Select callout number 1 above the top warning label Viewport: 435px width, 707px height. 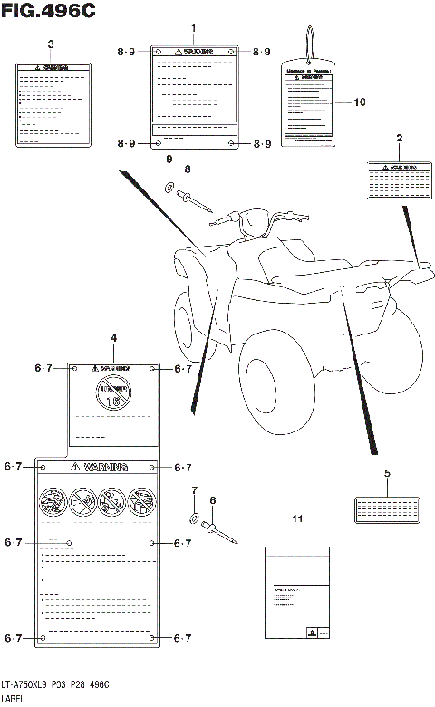tap(194, 29)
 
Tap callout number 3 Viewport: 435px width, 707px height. tap(51, 44)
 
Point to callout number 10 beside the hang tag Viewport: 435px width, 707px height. tap(360, 102)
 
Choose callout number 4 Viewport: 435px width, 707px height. tap(114, 338)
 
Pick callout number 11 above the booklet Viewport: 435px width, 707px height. tap(295, 518)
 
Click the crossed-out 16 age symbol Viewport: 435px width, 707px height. tap(114, 393)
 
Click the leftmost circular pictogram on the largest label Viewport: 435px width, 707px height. tap(53, 500)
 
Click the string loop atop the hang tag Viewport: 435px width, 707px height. tap(309, 44)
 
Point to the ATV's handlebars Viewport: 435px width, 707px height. tap(263, 218)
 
